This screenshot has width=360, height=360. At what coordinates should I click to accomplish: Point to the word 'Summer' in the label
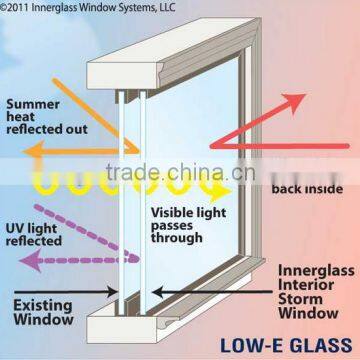[31, 102]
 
